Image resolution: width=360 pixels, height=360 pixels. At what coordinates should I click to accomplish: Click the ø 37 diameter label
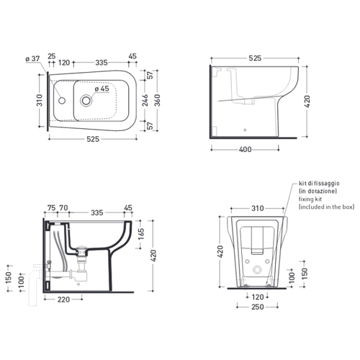[32, 58]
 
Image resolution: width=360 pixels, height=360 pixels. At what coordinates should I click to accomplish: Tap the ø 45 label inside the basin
[102, 89]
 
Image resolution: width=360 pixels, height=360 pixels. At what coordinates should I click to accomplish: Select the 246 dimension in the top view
[145, 100]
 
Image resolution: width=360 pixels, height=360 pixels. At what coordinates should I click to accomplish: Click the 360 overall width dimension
[157, 100]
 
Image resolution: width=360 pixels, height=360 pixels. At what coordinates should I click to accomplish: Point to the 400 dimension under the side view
[245, 150]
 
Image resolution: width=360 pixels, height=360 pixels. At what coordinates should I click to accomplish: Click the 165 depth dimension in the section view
[141, 234]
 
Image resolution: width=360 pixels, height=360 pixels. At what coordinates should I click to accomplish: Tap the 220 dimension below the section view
[63, 300]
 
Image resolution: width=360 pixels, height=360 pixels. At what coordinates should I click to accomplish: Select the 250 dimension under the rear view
[258, 307]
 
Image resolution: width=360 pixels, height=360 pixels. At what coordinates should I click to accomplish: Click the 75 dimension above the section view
[51, 208]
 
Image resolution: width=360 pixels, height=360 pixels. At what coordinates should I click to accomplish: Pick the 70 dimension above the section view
[63, 208]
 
